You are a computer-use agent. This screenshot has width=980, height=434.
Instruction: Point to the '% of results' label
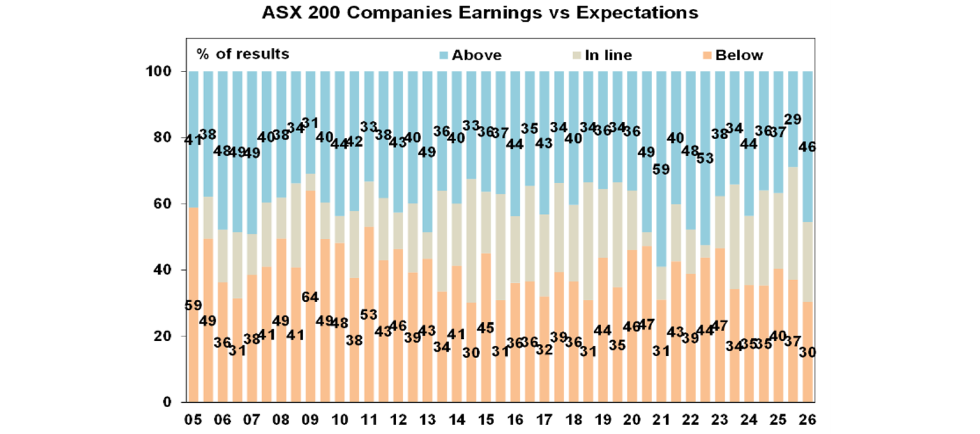pyautogui.click(x=243, y=54)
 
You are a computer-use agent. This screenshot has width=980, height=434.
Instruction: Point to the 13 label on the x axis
pyautogui.click(x=427, y=421)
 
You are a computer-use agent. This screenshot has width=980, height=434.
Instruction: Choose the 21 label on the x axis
pyautogui.click(x=661, y=421)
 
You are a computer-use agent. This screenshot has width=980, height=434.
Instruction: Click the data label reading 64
pyautogui.click(x=310, y=297)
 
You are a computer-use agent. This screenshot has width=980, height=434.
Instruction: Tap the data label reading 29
pyautogui.click(x=793, y=119)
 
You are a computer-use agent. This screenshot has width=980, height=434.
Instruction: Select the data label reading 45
pyautogui.click(x=486, y=328)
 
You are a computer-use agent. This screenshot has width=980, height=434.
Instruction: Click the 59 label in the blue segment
pyautogui.click(x=662, y=170)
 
